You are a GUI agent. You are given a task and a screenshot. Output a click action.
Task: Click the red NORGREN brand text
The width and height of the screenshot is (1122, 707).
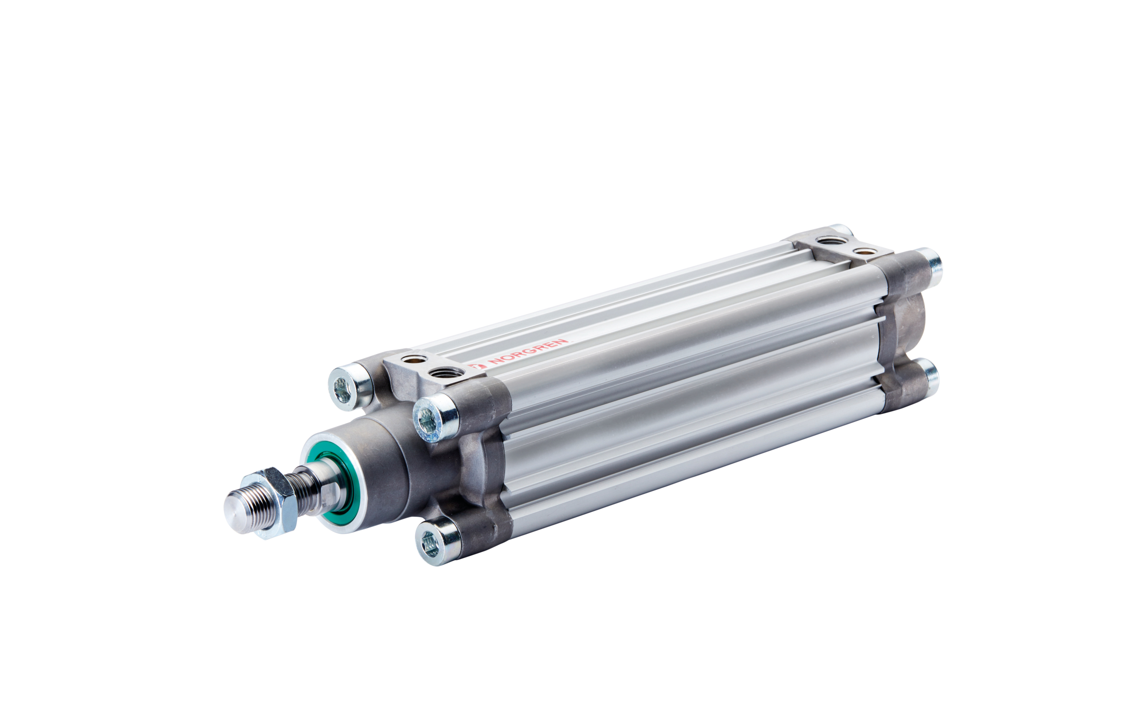pos(528,352)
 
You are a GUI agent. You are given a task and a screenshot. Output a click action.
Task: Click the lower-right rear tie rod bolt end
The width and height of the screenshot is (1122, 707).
pos(931,377)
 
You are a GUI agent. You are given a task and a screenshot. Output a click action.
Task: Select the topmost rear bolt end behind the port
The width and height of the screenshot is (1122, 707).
pos(844,230)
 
